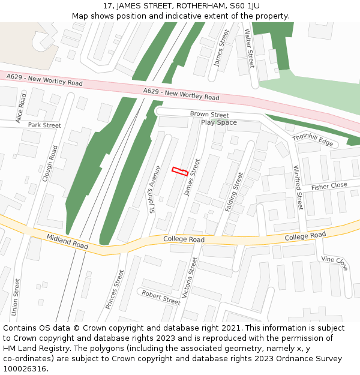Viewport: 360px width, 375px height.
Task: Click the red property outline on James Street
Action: click(x=180, y=172)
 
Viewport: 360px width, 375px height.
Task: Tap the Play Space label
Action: click(x=218, y=122)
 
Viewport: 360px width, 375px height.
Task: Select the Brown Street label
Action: click(x=209, y=114)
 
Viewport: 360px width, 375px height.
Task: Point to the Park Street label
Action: click(x=44, y=125)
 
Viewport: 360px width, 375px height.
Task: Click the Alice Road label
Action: click(x=22, y=108)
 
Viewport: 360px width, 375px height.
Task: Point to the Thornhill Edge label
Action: click(x=312, y=139)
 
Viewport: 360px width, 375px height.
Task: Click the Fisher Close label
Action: click(x=329, y=186)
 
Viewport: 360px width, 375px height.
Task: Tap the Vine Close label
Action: click(x=334, y=263)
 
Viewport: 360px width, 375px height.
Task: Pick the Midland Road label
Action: click(x=67, y=242)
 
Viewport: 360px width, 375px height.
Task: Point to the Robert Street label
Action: click(x=160, y=297)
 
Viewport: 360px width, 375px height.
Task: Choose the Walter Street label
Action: click(x=249, y=47)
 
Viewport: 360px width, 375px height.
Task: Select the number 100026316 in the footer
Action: click(x=24, y=369)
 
